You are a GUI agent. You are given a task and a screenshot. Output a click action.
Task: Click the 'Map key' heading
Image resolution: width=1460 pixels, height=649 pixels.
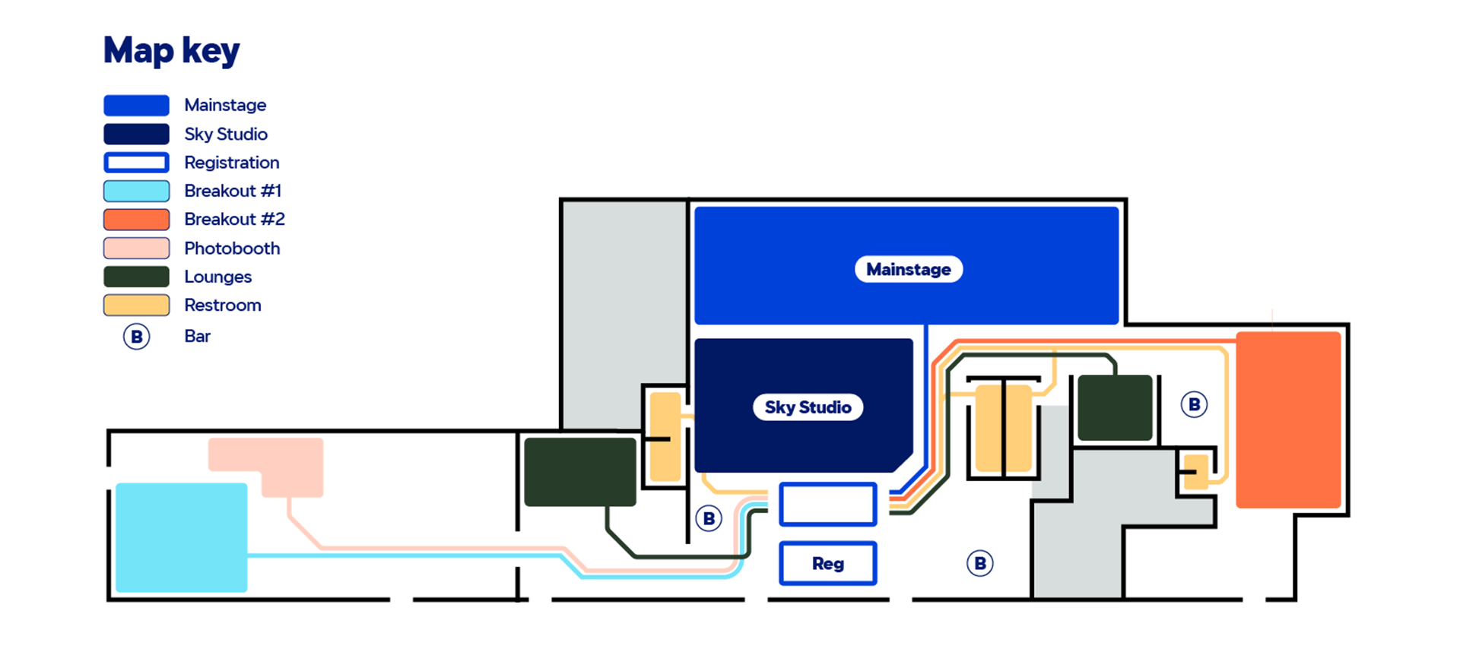172,51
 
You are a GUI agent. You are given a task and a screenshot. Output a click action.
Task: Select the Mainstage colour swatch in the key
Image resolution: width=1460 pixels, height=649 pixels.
136,105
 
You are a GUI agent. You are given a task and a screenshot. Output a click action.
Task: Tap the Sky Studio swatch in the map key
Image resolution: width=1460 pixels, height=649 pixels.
136,134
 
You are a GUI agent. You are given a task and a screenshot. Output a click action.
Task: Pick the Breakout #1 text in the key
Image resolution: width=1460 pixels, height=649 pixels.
233,191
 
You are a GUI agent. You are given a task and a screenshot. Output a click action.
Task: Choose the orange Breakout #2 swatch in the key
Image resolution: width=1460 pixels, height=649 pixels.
136,220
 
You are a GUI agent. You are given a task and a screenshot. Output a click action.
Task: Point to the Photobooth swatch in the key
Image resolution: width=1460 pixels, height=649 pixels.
136,248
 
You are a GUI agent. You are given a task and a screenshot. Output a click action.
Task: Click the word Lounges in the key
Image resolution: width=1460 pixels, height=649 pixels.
217,277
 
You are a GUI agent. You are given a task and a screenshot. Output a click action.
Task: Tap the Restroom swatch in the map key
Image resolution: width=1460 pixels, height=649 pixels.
136,305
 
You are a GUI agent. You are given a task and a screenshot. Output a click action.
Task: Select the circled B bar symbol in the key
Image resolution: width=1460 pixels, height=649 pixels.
137,337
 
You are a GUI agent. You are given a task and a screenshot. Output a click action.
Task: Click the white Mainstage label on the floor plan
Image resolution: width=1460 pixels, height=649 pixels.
909,269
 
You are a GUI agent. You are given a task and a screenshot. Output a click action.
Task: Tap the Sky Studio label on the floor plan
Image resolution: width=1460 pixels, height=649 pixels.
808,407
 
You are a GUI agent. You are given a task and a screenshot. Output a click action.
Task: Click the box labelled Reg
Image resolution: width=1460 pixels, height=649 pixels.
828,563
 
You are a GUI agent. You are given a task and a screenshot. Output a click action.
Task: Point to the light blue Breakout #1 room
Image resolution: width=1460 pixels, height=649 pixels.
181,537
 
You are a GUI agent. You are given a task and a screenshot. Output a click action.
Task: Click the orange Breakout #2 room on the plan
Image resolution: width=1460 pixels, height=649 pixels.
1288,419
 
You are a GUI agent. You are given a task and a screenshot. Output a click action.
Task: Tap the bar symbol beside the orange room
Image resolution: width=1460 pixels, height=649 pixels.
1194,404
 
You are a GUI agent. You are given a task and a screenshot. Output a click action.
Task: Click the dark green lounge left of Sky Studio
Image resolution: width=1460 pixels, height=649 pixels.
580,472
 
